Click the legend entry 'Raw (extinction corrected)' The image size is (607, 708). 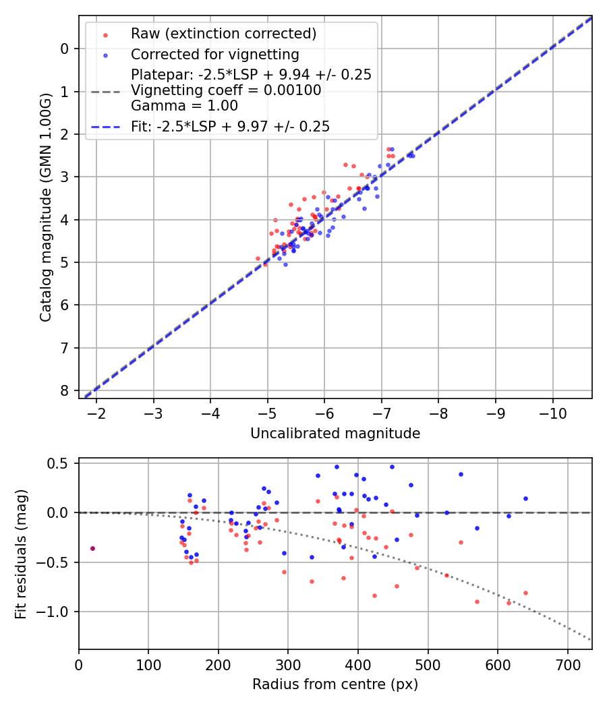point(223,34)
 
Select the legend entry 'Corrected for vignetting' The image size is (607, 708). point(215,54)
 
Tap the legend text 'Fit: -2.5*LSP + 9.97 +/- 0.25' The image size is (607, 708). point(230,126)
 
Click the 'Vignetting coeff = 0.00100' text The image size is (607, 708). point(226,90)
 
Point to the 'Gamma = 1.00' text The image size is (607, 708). point(184,105)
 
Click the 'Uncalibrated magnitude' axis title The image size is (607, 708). point(335,434)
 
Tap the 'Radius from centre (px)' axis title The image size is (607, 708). point(335,684)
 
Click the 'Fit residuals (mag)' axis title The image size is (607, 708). point(21,554)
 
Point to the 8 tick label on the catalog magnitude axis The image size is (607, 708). point(65,391)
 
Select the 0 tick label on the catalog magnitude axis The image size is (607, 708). point(65,49)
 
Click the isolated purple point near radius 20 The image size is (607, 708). point(92,548)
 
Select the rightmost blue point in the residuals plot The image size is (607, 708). point(525,498)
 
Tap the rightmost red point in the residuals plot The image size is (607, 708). point(525,593)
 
